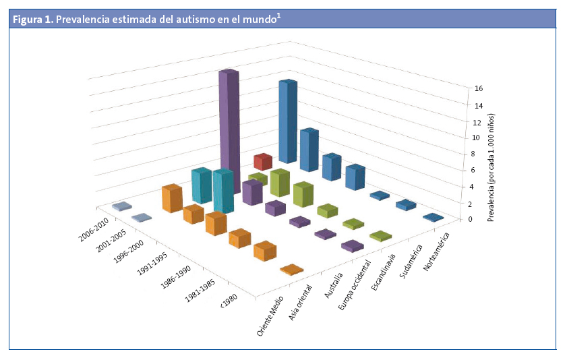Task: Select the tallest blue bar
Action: click(x=289, y=121)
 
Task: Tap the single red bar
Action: click(x=263, y=162)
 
